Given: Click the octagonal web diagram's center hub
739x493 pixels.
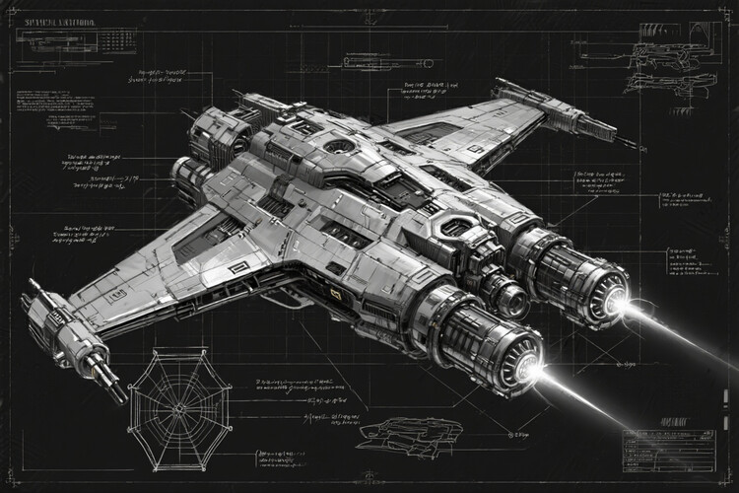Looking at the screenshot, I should (179, 407).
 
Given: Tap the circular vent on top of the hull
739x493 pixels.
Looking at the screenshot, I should (338, 146).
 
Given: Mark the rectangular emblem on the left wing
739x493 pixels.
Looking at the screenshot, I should (238, 267).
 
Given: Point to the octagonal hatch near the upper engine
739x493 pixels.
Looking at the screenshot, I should (455, 227).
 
